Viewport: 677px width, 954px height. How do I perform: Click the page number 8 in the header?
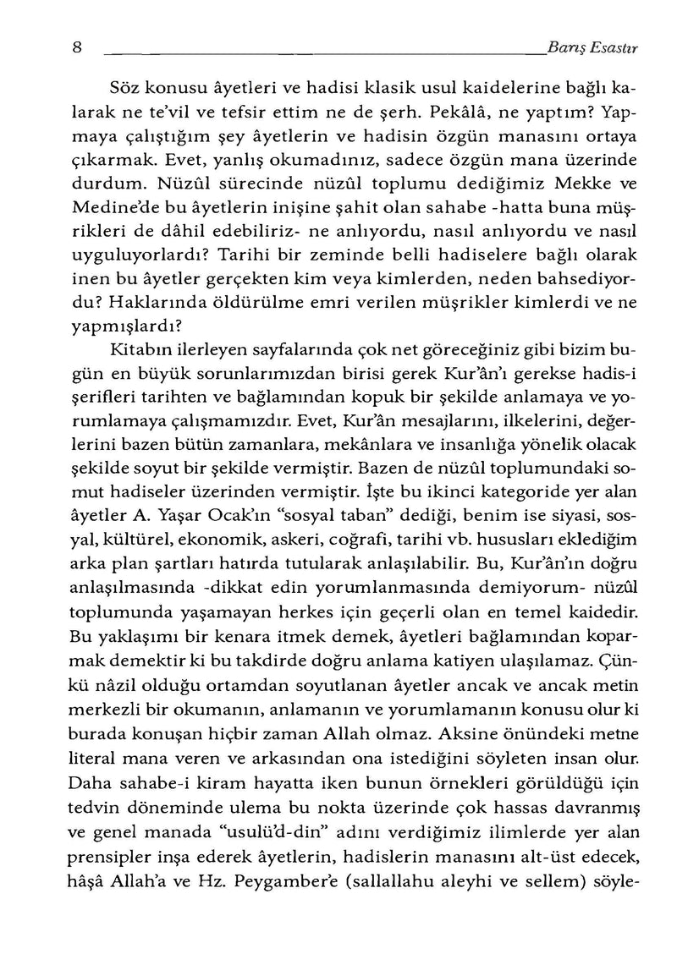click(76, 49)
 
